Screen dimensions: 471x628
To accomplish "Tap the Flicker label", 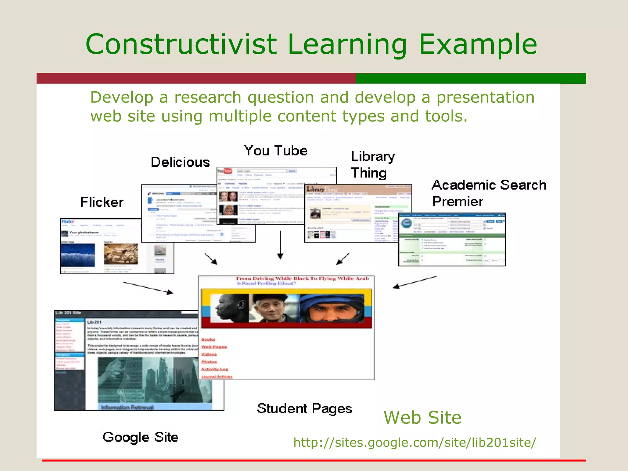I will pos(102,202).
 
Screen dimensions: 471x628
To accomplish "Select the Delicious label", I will pos(180,162).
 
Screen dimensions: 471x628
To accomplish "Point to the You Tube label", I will pos(276,151).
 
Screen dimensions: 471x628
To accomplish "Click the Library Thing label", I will pos(373,165).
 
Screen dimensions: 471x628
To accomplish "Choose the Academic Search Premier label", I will pos(489,193).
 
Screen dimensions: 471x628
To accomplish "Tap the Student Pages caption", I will pos(304,409).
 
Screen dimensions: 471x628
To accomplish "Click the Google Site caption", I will pos(140,437).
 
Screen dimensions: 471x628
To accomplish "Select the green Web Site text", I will pos(422,418).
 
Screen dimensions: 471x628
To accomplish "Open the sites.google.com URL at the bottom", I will pos(415,442).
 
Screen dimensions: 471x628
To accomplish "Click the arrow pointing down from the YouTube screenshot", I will pos(280,245).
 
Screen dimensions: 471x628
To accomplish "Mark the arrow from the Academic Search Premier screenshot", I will pos(415,282).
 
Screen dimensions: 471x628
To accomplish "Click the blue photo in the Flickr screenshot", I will pos(78,255).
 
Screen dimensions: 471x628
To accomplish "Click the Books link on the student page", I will pos(208,339).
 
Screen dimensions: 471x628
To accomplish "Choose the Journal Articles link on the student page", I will pos(217,377).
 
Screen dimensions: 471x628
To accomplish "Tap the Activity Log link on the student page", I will pos(215,369).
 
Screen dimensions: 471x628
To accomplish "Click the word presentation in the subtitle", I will pos(485,98).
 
